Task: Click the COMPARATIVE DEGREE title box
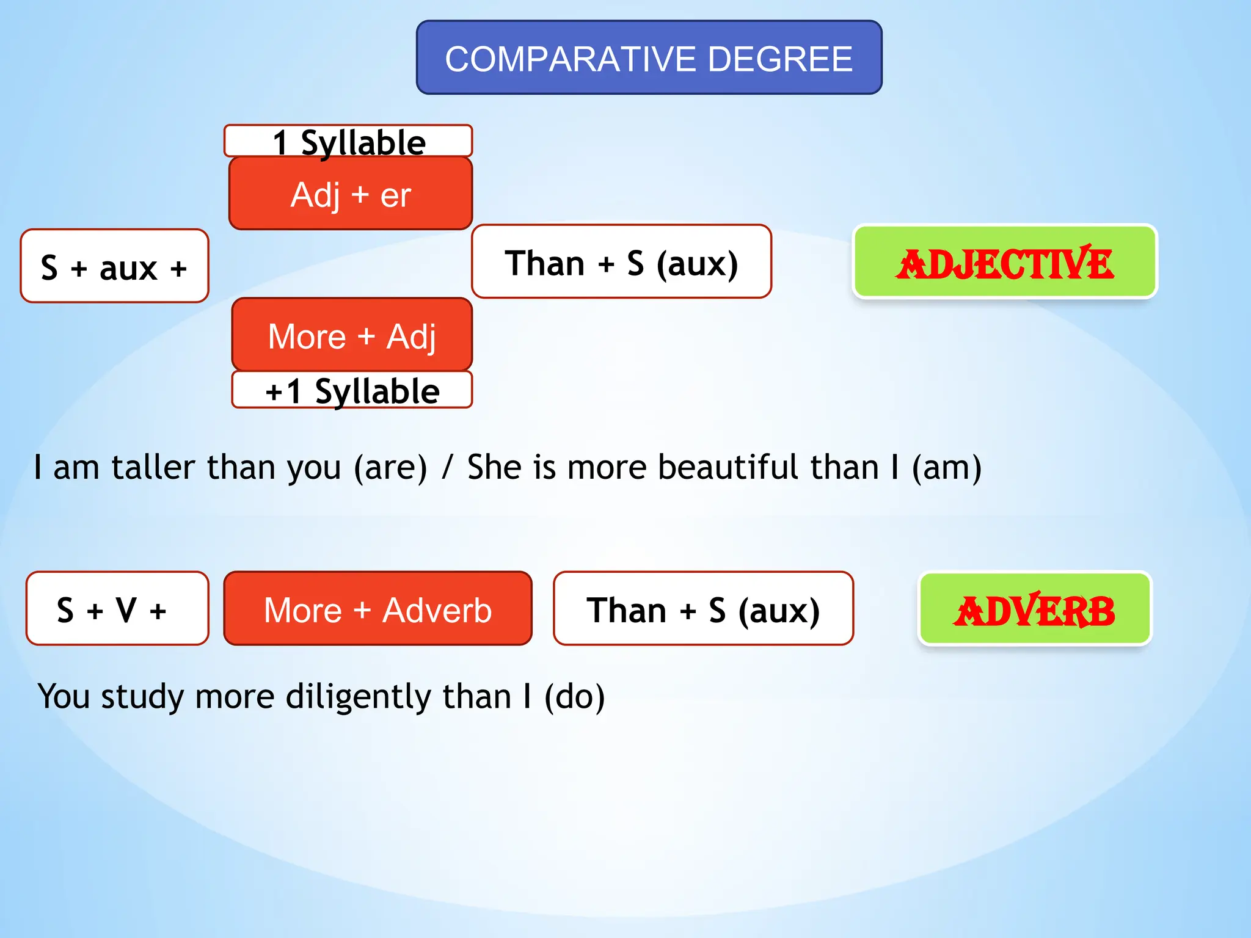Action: (649, 58)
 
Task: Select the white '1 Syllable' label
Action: (348, 141)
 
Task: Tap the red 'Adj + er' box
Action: (351, 194)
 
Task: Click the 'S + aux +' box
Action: (114, 266)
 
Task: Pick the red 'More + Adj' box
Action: (352, 335)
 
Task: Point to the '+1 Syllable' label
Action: (352, 390)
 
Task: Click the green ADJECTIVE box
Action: (1004, 263)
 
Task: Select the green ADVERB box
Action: (1034, 609)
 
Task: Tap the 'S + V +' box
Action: (117, 609)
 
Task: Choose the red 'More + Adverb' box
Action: (377, 609)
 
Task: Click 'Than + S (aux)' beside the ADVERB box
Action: (703, 609)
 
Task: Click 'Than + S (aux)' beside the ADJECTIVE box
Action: (621, 262)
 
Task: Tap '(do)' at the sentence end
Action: (574, 697)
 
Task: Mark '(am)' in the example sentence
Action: (946, 468)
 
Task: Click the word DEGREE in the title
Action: (780, 59)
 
